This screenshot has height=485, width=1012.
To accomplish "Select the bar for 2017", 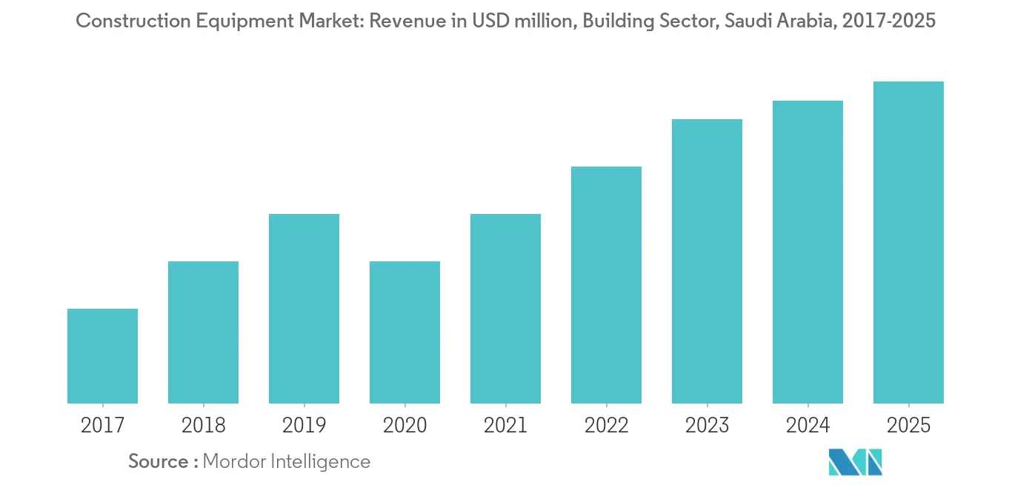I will tap(102, 356).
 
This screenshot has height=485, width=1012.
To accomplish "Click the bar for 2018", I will tap(203, 332).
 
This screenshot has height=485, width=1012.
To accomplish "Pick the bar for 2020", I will tap(405, 332).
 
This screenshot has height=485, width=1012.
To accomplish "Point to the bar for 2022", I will tap(606, 285).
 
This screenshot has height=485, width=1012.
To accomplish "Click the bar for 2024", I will tap(808, 252).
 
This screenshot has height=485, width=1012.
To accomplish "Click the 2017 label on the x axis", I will tap(102, 425).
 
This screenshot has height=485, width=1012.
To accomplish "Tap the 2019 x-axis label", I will tap(304, 425).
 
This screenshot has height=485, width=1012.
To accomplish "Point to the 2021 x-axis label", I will tap(505, 425).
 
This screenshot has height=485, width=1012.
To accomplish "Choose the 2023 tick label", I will tap(707, 425).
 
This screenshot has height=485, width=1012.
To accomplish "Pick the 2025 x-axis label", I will tap(908, 425).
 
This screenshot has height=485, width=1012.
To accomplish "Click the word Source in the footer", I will tap(159, 461).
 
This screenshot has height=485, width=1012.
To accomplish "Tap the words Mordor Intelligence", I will tap(286, 461).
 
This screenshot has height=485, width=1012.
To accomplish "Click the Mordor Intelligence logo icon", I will tap(856, 461).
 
